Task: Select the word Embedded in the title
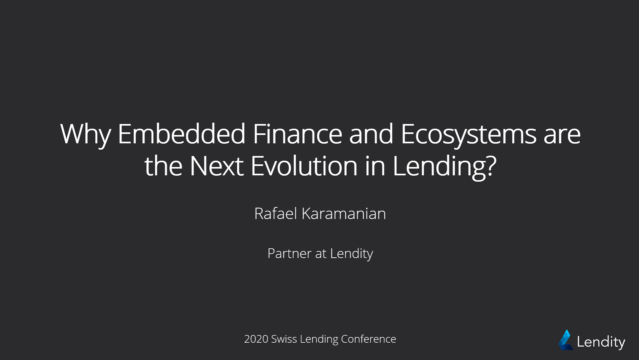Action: click(182, 134)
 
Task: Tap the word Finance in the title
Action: click(297, 134)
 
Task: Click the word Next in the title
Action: click(216, 166)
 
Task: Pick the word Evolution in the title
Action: click(304, 166)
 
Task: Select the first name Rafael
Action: click(275, 213)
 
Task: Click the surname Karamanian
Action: click(344, 213)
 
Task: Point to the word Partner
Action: click(289, 253)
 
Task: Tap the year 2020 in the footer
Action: click(256, 339)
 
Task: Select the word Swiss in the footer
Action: click(284, 339)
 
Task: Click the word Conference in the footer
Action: click(369, 339)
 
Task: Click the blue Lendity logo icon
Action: click(566, 340)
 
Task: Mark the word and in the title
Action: click(371, 134)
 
